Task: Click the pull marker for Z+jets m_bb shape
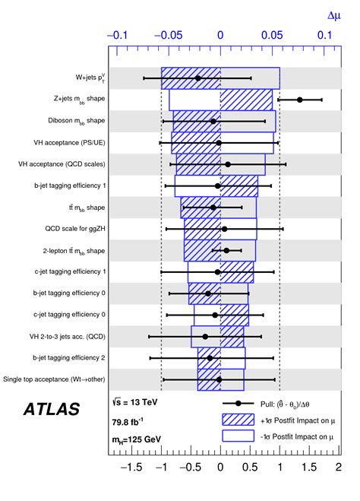pos(300,100)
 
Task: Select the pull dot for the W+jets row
pos(198,78)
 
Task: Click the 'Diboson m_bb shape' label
pos(68,121)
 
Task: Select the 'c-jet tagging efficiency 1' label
pos(69,271)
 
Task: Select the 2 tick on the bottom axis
pos(339,468)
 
